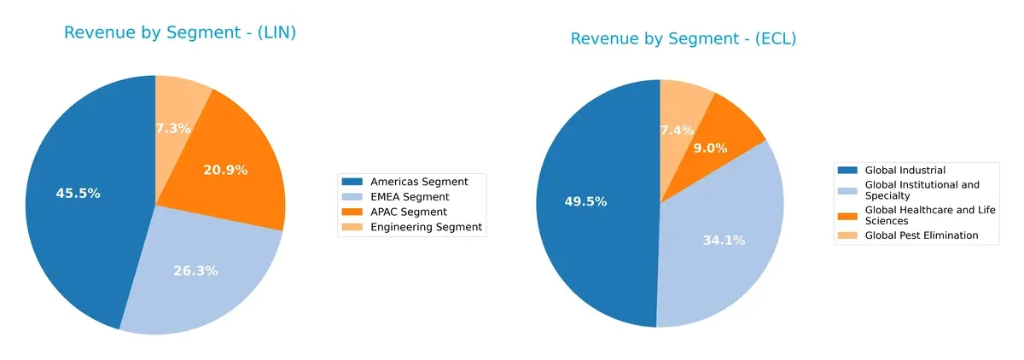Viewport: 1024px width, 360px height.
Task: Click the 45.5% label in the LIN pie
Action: [79, 194]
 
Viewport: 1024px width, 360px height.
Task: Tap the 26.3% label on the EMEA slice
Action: [196, 271]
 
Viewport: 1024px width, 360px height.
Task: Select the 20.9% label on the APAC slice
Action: [225, 171]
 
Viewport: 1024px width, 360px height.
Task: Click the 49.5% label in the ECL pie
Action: [586, 202]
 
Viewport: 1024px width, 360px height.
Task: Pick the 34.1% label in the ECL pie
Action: [723, 241]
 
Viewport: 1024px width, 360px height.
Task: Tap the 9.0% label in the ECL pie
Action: [710, 148]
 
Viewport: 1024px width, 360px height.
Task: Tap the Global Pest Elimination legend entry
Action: [921, 235]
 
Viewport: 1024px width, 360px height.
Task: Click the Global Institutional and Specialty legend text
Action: [922, 189]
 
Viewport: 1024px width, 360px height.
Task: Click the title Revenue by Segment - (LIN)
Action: [185, 33]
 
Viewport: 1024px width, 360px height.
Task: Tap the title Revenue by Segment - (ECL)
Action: [683, 39]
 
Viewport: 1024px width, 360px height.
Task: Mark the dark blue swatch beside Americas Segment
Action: [352, 182]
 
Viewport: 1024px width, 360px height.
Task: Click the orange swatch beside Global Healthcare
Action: [848, 210]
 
